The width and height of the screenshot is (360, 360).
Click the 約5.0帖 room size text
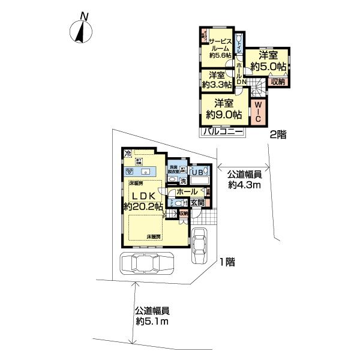(268, 67)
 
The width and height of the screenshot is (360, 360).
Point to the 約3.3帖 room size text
(217, 85)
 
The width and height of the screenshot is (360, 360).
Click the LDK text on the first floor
(143, 196)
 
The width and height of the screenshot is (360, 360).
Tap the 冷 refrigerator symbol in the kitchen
(128, 153)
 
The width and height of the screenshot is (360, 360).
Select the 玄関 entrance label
(197, 202)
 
